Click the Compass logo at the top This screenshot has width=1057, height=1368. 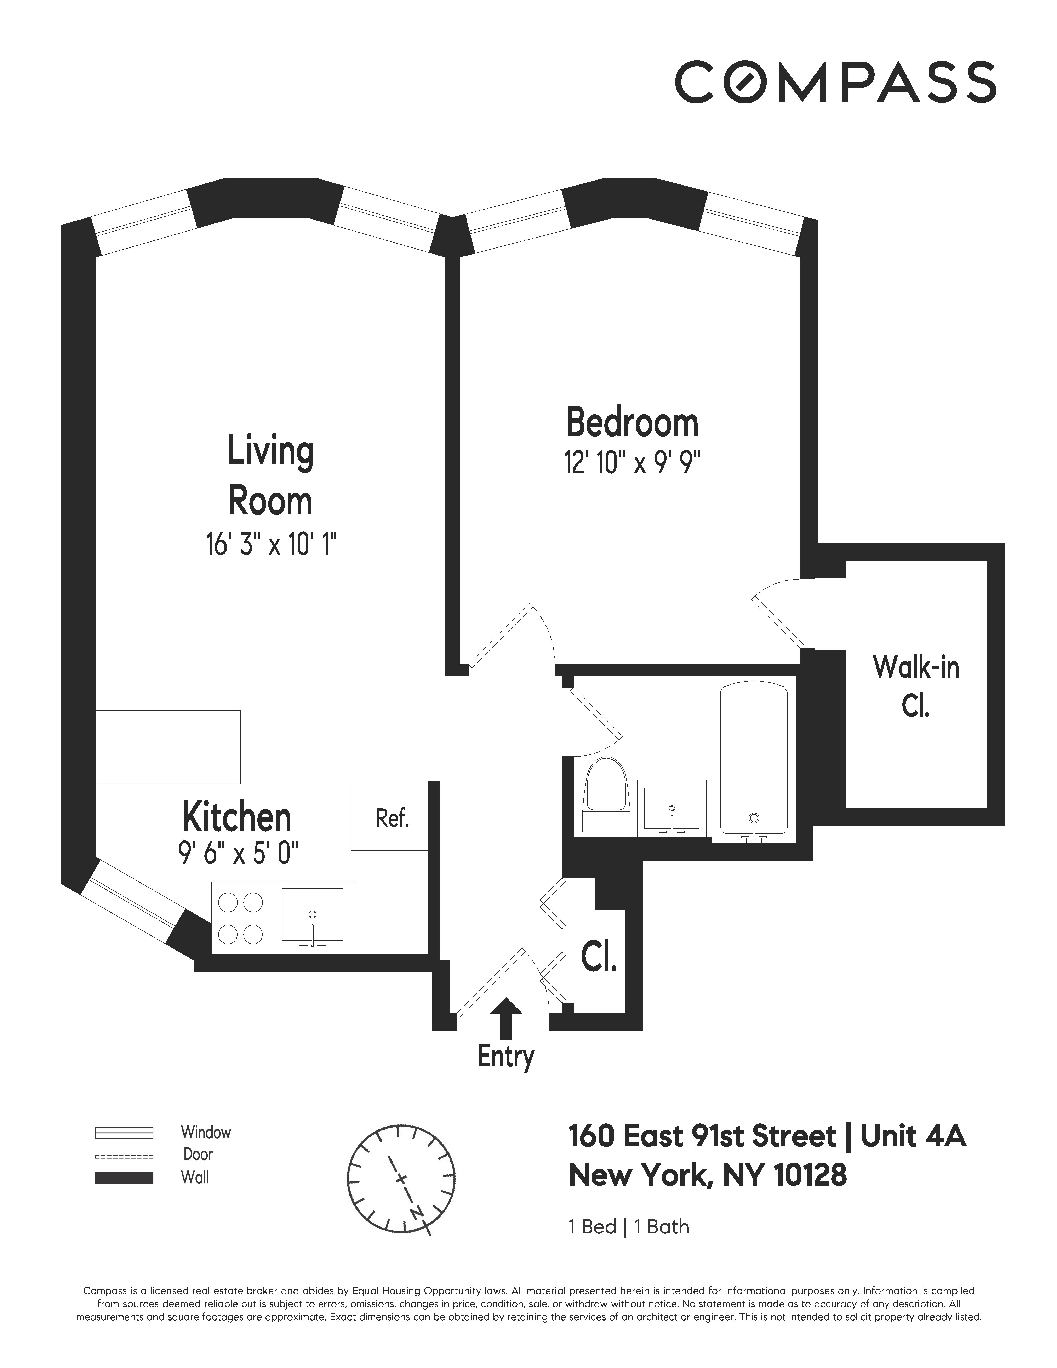coord(835,82)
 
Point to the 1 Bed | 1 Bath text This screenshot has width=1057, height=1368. coord(628,1226)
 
